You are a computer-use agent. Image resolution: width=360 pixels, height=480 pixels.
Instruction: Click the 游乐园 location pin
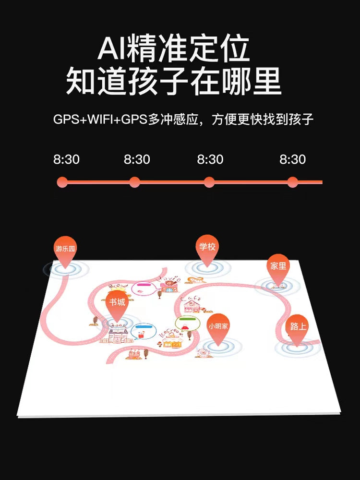pos(65,250)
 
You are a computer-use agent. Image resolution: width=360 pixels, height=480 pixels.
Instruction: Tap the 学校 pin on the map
pos(207,247)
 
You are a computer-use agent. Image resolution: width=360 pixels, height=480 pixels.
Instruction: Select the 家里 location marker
pos(278,266)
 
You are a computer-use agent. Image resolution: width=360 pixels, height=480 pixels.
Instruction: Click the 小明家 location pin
pos(218,326)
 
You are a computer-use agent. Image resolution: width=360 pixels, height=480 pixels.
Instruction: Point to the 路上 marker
pos(298,327)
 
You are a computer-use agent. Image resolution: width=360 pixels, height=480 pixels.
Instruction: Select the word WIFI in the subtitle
pos(103,120)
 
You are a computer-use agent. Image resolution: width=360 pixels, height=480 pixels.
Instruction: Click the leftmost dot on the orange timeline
pos(62,182)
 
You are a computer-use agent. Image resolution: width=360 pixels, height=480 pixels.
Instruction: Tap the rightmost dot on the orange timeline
pos(292,182)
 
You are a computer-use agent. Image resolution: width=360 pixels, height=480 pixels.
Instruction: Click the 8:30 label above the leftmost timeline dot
pos(66,159)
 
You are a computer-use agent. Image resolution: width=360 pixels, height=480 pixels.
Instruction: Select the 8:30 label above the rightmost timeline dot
pos(292,159)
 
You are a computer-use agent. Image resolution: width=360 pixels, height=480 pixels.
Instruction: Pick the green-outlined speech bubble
pos(187,323)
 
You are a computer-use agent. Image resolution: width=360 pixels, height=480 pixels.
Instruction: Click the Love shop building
pos(169,286)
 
